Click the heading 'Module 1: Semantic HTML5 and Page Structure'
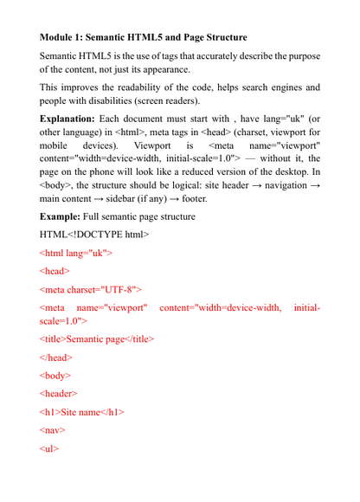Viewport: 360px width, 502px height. pyautogui.click(x=144, y=38)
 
